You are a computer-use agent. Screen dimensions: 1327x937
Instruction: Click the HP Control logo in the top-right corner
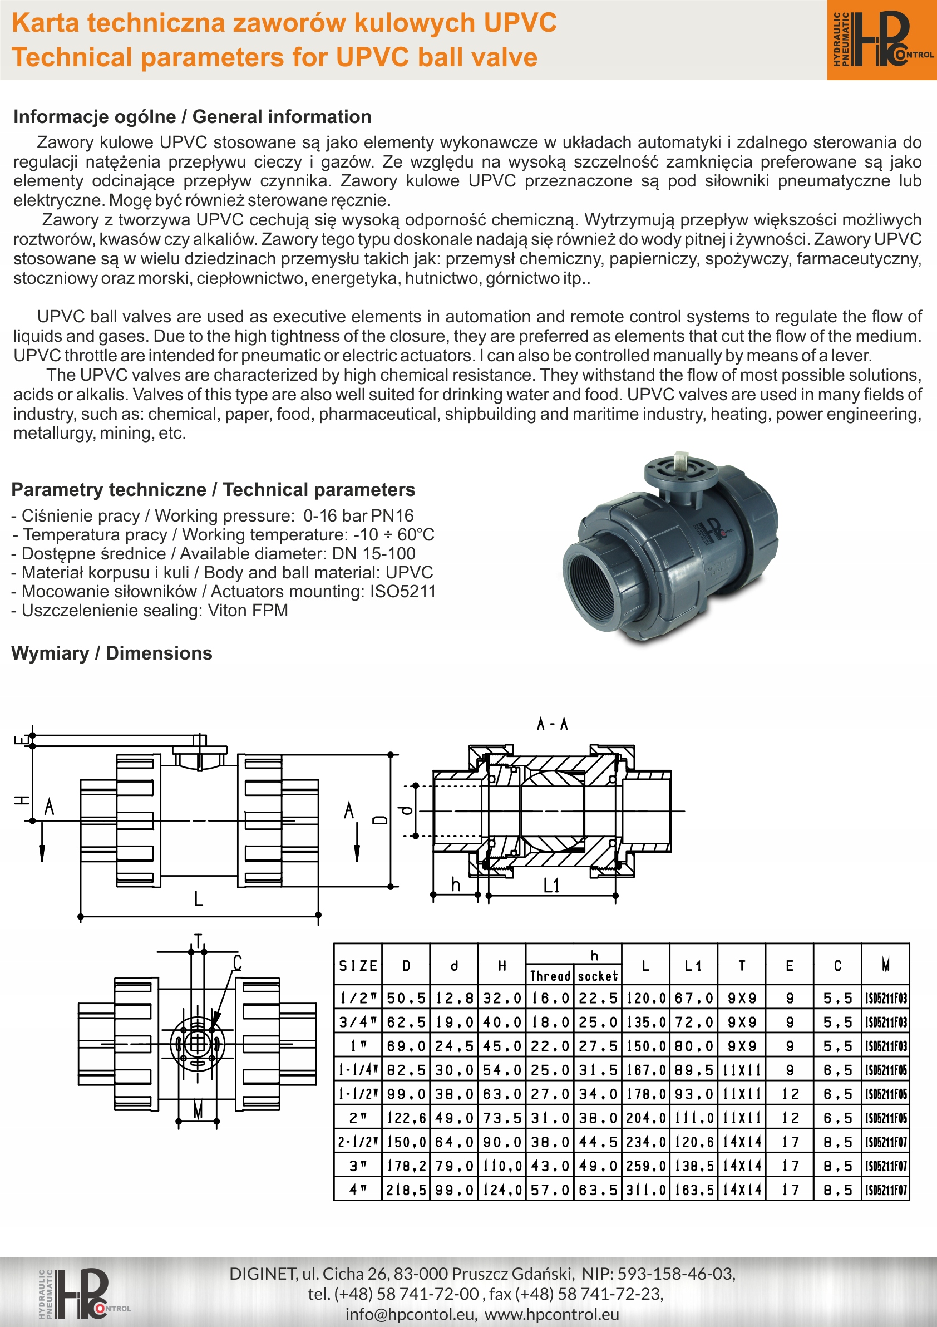(x=882, y=40)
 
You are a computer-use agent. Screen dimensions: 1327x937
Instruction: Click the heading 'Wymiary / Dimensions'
(x=111, y=653)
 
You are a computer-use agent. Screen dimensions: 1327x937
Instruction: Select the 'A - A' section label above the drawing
(x=553, y=724)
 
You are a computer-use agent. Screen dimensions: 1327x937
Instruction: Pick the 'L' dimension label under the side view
(x=198, y=899)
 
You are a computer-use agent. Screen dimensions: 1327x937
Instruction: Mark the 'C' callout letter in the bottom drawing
(x=237, y=963)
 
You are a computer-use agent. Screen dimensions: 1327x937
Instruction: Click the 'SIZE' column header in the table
(x=358, y=966)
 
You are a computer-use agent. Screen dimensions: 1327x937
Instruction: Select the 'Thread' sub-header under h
(x=550, y=976)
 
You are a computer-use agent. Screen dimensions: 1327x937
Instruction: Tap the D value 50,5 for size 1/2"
(x=406, y=998)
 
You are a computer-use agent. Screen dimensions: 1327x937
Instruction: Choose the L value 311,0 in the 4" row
(x=645, y=1190)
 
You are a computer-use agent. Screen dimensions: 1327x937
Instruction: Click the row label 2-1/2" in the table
(x=358, y=1142)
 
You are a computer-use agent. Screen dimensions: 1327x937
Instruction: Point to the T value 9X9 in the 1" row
(x=742, y=1046)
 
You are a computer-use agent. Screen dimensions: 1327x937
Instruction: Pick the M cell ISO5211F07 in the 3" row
(x=886, y=1166)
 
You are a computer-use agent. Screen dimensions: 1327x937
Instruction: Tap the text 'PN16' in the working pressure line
(x=392, y=515)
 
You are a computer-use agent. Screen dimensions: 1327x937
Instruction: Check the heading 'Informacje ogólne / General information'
(x=193, y=117)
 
